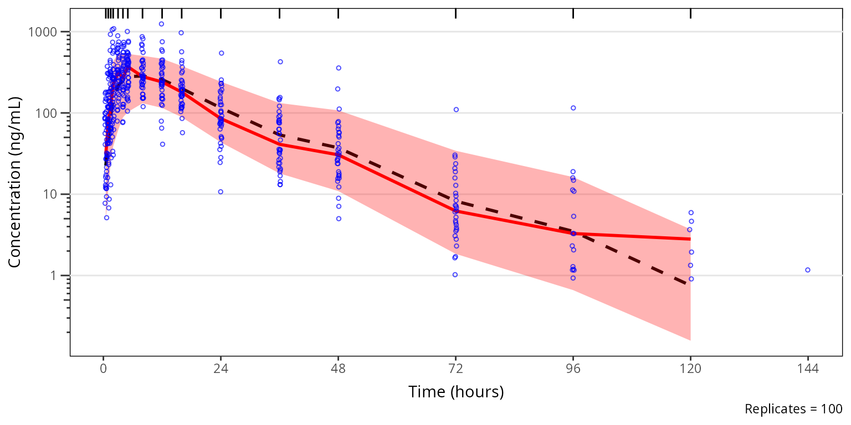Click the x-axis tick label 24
pyautogui.click(x=221, y=369)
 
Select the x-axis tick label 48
pyautogui.click(x=338, y=369)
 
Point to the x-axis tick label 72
pyautogui.click(x=455, y=369)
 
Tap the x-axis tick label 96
pyautogui.click(x=573, y=369)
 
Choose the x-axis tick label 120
pyautogui.click(x=690, y=369)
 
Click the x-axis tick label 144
pyautogui.click(x=808, y=369)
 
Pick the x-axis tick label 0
pyautogui.click(x=103, y=369)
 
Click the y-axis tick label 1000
pyautogui.click(x=43, y=32)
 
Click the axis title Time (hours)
pyautogui.click(x=456, y=392)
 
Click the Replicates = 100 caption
pyautogui.click(x=793, y=410)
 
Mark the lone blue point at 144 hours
pyautogui.click(x=808, y=270)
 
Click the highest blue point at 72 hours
pyautogui.click(x=457, y=110)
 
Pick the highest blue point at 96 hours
pyautogui.click(x=573, y=108)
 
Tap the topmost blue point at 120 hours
pyautogui.click(x=691, y=212)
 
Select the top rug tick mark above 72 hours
pyautogui.click(x=455, y=14)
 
